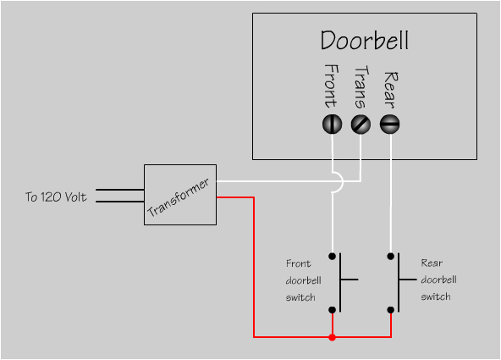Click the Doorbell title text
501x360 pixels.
365,40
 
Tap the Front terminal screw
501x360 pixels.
332,125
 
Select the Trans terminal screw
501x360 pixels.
361,125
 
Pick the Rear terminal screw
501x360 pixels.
389,125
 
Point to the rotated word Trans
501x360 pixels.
361,87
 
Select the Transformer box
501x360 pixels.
179,195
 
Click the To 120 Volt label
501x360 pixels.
56,198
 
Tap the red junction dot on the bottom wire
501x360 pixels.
332,337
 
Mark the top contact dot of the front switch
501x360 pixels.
333,255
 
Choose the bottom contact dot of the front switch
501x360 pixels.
333,311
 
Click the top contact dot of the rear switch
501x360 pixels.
390,255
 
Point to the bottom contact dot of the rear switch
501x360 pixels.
390,311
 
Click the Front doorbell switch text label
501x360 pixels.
300,280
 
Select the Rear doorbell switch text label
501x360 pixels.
438,280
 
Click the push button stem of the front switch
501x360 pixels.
349,279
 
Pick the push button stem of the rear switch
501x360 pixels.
406,279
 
